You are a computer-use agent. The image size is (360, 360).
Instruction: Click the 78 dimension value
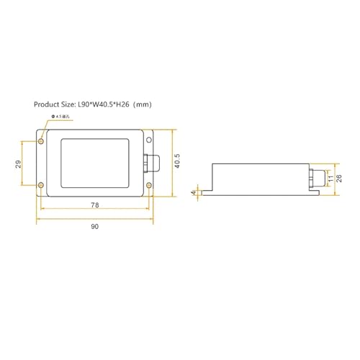[95, 206]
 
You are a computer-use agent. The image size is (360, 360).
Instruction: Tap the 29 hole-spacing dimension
[17, 166]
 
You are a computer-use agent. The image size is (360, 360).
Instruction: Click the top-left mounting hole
[41, 140]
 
